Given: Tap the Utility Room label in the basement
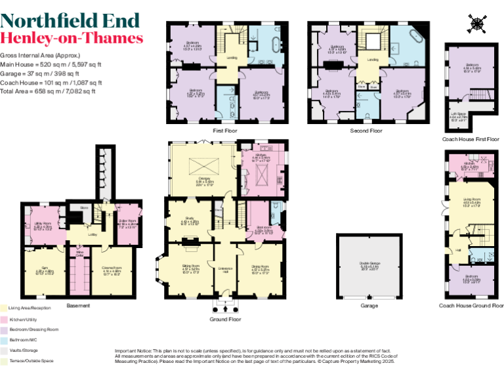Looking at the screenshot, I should (43, 226).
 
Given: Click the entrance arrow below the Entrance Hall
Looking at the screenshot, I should (225, 307).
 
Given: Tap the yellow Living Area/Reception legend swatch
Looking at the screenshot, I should (3, 307).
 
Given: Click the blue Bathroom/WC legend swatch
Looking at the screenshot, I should (3, 341).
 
